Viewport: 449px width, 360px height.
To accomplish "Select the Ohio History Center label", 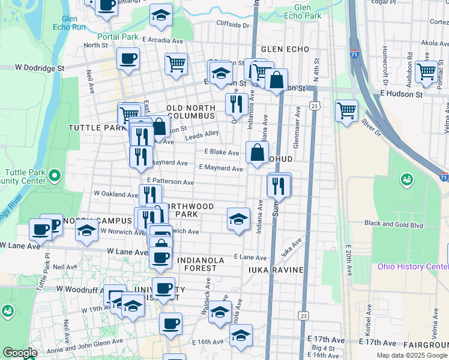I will pyautogui.click(x=412, y=266).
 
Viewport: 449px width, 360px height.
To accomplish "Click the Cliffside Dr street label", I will pyautogui.click(x=233, y=26).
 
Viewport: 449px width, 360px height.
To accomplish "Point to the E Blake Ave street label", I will pyautogui.click(x=221, y=153).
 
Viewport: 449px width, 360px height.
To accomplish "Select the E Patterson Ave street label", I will pyautogui.click(x=170, y=181).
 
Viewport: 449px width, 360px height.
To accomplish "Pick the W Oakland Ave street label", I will pyautogui.click(x=116, y=194).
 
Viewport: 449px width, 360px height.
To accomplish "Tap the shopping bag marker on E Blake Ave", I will pyautogui.click(x=257, y=152).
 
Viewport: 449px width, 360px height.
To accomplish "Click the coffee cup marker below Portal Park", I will pyautogui.click(x=128, y=59).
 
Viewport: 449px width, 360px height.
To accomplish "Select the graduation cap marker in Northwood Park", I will pyautogui.click(x=238, y=218).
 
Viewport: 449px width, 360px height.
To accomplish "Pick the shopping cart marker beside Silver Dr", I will pyautogui.click(x=346, y=110).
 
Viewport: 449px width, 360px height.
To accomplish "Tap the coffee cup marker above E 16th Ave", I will pyautogui.click(x=170, y=324).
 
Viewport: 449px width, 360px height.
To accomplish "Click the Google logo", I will pyautogui.click(x=20, y=353).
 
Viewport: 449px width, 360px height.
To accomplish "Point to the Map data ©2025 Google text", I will pyautogui.click(x=411, y=355).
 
